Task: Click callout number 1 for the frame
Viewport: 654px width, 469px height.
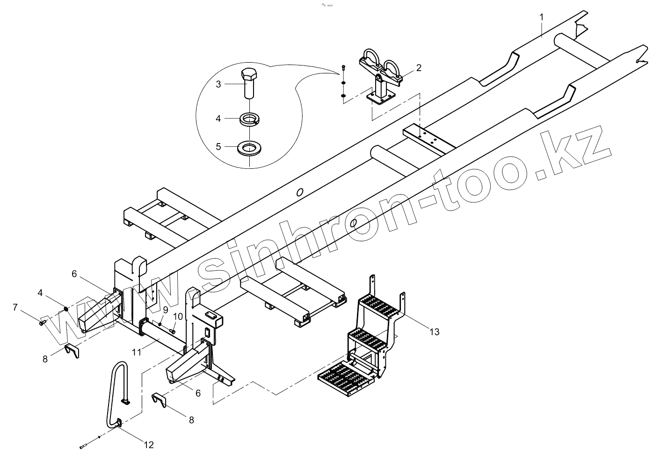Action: (x=542, y=17)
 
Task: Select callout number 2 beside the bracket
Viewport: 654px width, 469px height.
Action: (x=419, y=68)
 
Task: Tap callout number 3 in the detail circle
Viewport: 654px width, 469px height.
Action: (x=218, y=84)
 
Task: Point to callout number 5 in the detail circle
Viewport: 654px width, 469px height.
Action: (x=218, y=146)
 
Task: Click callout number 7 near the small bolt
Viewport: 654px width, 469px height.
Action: (x=15, y=307)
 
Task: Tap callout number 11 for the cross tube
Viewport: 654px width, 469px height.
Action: (x=136, y=352)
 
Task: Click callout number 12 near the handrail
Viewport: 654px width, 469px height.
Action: (x=148, y=445)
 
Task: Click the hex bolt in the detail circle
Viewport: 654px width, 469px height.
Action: (x=249, y=83)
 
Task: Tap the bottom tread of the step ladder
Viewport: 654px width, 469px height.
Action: (x=346, y=376)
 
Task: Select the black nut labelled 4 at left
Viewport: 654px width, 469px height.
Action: (x=66, y=308)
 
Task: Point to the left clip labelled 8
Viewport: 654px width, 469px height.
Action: (x=72, y=350)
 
